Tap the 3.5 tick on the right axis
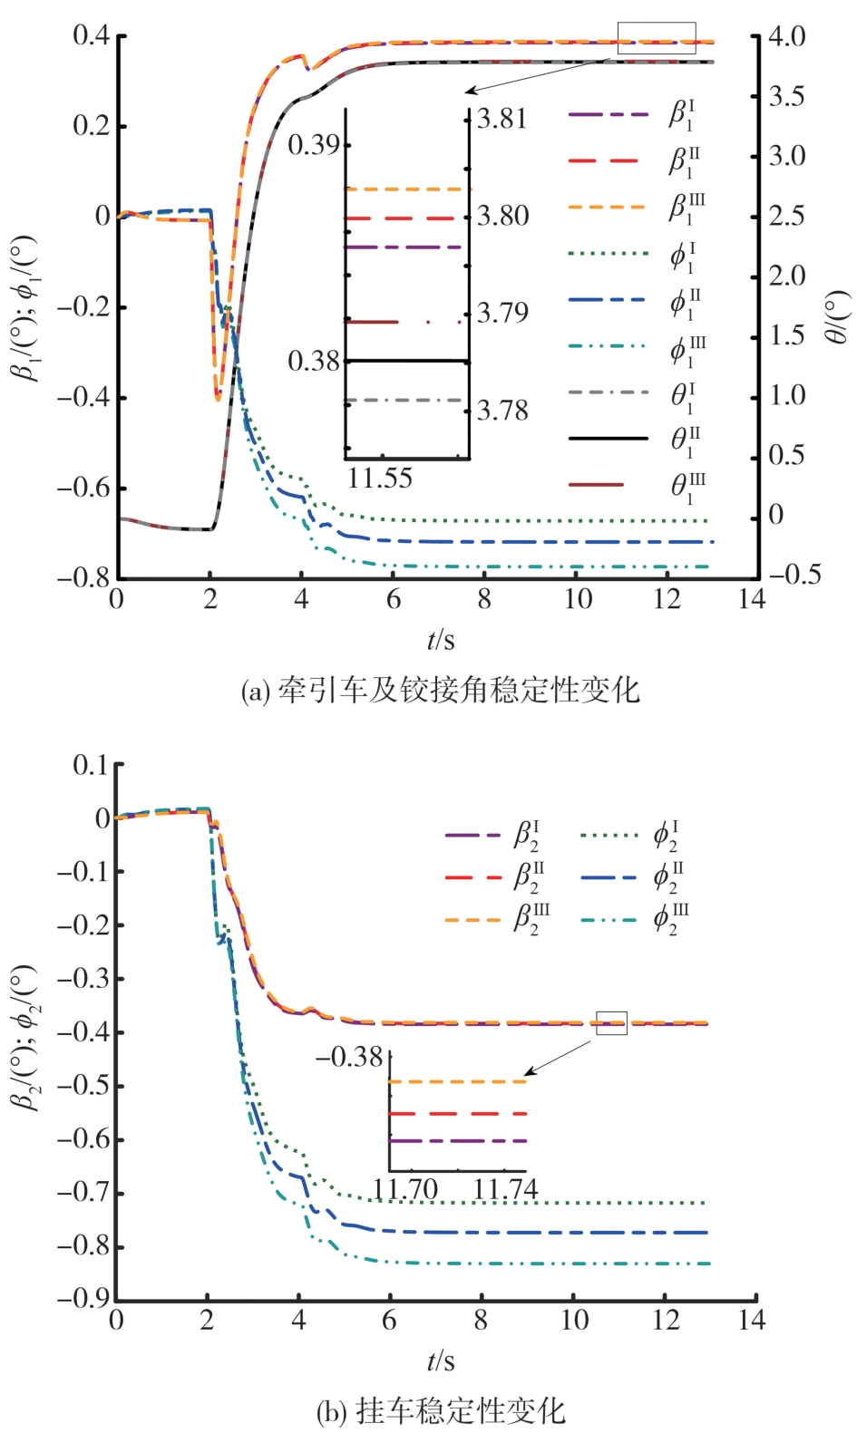tap(787, 96)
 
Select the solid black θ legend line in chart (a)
tap(609, 439)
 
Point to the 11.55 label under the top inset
tap(380, 479)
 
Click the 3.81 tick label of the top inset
tap(502, 119)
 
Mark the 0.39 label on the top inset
tap(314, 145)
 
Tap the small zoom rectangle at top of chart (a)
tap(657, 38)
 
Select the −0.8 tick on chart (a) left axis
tap(83, 577)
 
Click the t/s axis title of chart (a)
tap(441, 640)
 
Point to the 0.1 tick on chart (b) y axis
tap(90, 766)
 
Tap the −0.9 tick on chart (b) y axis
tap(83, 1299)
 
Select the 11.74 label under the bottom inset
tap(505, 1188)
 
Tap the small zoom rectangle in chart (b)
tap(611, 1022)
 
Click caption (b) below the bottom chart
tap(441, 1411)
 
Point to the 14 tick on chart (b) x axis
tap(752, 1320)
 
